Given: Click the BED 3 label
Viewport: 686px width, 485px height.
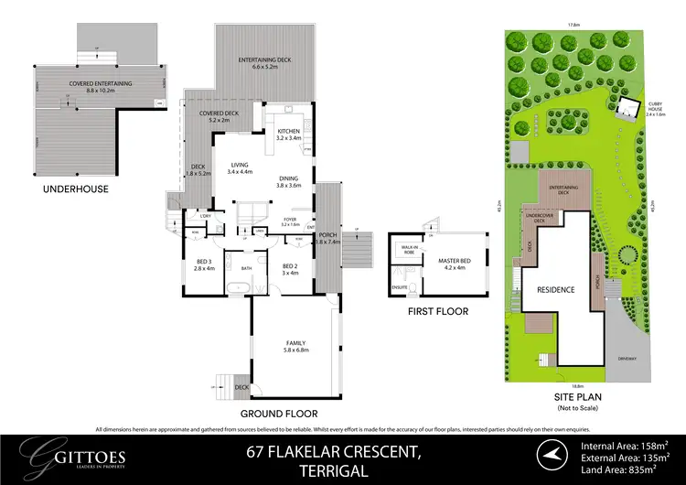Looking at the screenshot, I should tap(204, 266).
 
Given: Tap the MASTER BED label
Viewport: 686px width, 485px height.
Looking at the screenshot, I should tap(448, 264).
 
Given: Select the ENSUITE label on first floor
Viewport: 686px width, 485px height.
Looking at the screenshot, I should tap(398, 286).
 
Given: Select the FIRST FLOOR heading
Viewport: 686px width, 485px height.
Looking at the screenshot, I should tap(438, 311).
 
